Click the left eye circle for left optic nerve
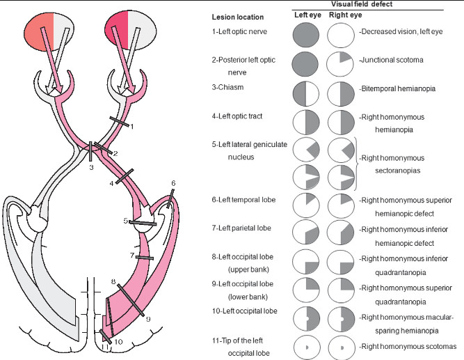click(306, 34)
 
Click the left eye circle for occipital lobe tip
click(306, 346)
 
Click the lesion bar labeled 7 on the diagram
click(145, 257)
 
